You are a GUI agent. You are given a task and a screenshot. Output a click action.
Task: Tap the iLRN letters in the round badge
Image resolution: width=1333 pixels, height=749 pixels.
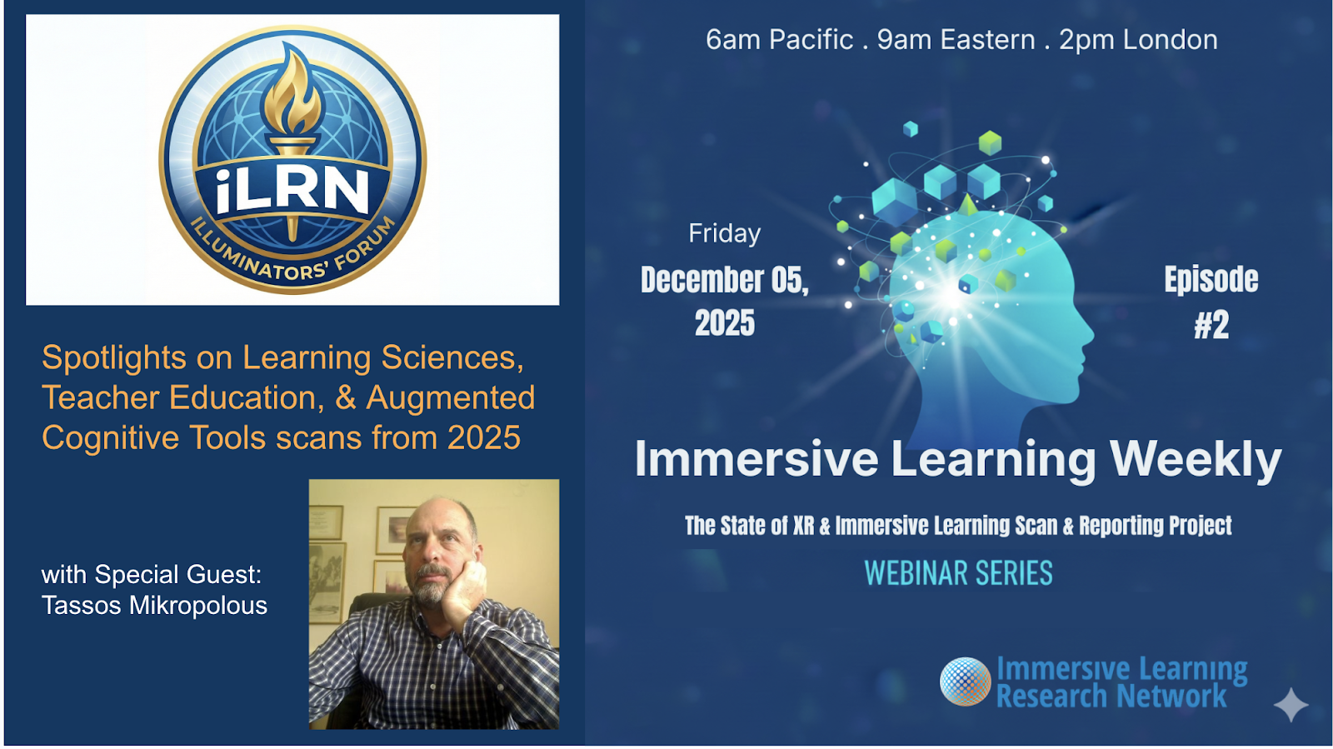292,190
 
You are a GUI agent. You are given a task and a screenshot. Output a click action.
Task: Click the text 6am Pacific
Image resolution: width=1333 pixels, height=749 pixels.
780,41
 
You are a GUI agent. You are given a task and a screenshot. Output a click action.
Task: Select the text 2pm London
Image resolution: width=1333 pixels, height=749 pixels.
1138,41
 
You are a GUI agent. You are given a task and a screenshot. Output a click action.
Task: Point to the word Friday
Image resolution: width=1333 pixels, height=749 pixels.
725,234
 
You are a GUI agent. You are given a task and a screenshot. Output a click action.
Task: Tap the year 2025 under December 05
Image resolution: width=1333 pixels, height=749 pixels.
725,323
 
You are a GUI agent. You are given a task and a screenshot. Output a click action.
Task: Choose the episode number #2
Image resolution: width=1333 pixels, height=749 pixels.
1211,325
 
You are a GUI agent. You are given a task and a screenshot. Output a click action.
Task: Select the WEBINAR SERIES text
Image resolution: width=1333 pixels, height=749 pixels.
959,573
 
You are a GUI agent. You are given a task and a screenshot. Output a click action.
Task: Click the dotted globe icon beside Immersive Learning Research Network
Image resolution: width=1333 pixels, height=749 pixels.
966,682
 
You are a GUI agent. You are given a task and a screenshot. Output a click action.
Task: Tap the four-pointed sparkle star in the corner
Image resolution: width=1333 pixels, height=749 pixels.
1291,705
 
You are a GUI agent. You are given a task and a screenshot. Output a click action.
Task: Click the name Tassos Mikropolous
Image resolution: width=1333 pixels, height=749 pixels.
154,607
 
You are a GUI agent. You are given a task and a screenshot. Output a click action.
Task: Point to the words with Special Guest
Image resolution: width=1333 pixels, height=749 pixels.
152,575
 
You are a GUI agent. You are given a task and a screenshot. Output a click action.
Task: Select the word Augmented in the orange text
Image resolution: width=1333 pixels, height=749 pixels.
451,398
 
